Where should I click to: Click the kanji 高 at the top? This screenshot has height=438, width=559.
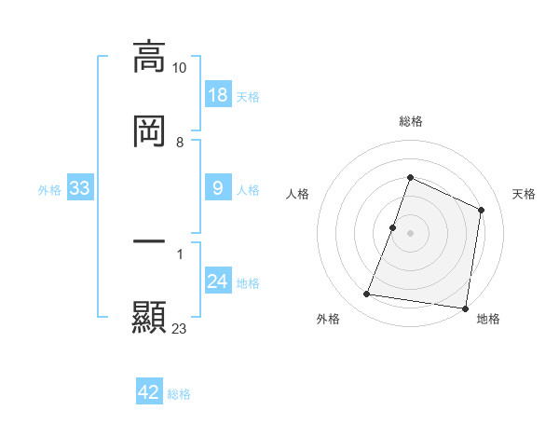149,56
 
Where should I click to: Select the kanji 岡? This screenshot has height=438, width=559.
149,131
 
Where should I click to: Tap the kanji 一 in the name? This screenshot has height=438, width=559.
149,241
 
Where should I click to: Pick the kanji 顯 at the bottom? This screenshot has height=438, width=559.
149,317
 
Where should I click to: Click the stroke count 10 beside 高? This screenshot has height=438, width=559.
179,68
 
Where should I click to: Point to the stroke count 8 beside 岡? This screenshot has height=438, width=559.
179,143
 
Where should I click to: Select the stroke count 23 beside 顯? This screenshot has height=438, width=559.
179,328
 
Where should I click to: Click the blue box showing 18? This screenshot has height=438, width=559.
217,95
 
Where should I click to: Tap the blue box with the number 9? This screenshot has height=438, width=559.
217,188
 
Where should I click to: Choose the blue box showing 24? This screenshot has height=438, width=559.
217,281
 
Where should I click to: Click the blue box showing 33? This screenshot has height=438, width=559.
80,188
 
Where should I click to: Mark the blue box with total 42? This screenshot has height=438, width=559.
149,392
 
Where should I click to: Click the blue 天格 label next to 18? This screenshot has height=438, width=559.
248,96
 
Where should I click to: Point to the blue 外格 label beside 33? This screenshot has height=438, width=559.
49,189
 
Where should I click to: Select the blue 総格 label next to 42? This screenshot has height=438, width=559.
179,393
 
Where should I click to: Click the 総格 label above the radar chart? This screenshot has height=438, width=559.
410,121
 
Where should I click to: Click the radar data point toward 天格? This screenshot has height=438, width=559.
482,210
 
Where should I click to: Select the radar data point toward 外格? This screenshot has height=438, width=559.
367,294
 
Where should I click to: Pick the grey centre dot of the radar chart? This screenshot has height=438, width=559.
410,233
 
